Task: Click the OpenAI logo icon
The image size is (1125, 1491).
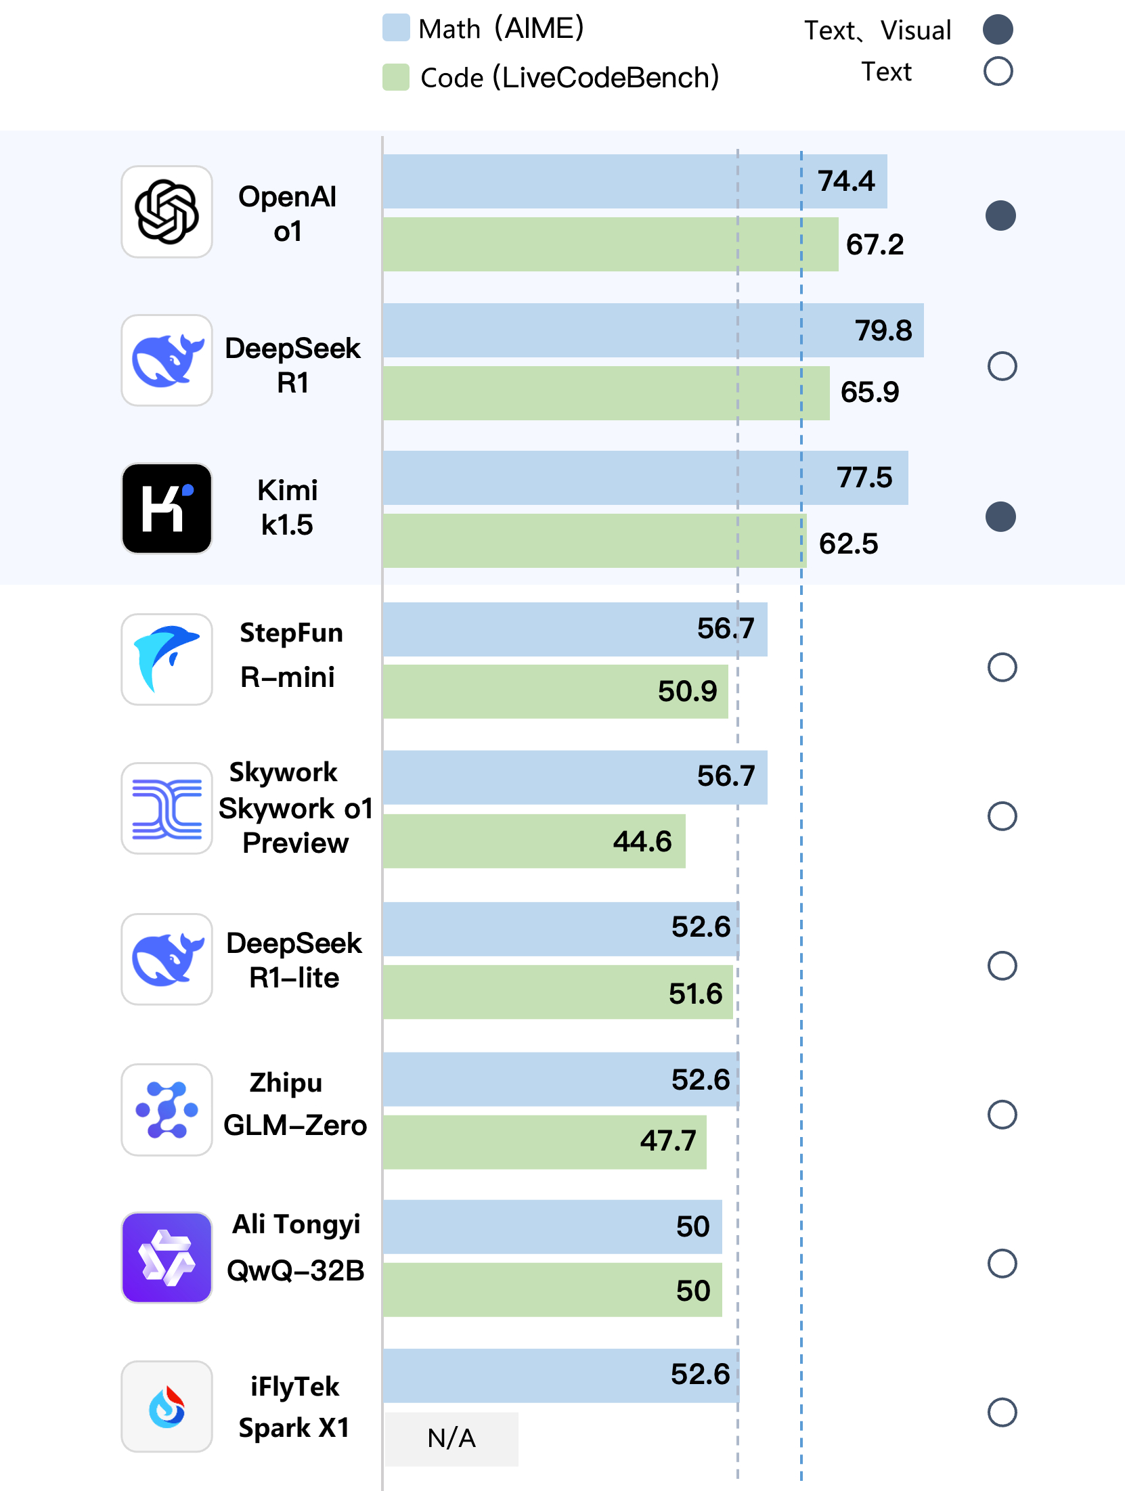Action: pos(167,212)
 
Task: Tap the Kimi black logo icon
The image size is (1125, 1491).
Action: pos(167,508)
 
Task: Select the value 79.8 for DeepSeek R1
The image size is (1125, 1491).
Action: pos(883,330)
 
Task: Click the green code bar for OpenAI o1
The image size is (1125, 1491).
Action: pos(609,244)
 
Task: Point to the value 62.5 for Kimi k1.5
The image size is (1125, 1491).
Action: pos(848,543)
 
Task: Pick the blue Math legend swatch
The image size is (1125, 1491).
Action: pos(396,28)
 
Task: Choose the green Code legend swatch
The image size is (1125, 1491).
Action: pos(396,77)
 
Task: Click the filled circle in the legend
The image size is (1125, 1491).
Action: pos(998,29)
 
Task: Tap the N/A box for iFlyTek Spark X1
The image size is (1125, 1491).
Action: pos(451,1438)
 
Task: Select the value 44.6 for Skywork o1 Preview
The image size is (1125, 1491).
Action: pos(642,841)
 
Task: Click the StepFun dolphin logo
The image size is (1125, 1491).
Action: pos(167,659)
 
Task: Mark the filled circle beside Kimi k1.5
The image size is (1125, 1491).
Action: pos(1000,517)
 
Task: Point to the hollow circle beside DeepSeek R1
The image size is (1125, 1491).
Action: pos(1002,366)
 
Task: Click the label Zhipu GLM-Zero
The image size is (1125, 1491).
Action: pos(294,1105)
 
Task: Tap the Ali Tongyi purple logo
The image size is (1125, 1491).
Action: pos(167,1258)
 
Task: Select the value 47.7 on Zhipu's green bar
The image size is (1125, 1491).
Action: pos(668,1141)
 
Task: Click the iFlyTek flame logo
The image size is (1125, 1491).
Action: pos(167,1406)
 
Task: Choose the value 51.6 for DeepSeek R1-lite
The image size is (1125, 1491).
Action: pos(695,994)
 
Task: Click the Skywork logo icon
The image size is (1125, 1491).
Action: pos(167,809)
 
